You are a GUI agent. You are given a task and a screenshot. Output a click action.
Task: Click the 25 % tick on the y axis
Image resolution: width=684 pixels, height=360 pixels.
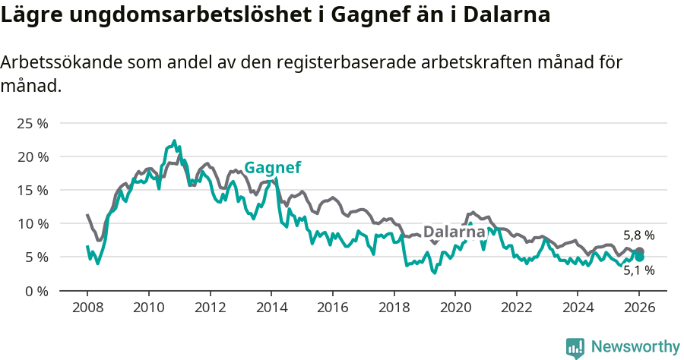coord(32,123)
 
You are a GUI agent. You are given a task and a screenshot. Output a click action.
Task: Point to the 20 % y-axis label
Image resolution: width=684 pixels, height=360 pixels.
coord(32,156)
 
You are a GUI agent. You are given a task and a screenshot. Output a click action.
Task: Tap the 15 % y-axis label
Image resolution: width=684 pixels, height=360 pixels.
coord(32,190)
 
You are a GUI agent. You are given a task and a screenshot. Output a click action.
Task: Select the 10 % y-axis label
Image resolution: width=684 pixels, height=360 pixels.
coord(32,223)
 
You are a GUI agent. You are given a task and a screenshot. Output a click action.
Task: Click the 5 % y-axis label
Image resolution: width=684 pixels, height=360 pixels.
coord(36,257)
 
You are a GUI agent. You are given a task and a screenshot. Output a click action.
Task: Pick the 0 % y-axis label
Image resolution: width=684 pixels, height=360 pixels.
coord(36,290)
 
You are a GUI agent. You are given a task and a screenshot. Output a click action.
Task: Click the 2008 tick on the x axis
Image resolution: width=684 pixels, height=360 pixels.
coord(87,308)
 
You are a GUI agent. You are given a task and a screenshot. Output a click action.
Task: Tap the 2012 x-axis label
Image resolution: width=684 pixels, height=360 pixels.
coord(210,308)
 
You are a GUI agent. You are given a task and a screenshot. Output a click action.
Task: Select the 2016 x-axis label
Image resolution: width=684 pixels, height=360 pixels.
coord(332,308)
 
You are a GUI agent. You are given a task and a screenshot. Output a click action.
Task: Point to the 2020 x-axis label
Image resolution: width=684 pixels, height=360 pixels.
coord(455,308)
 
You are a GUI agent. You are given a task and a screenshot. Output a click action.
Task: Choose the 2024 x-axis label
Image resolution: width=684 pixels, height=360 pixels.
coord(578,308)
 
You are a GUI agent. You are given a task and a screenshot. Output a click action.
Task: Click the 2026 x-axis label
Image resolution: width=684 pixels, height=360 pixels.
coord(639,308)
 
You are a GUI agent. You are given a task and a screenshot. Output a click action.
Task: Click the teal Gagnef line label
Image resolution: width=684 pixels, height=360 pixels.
coord(272,168)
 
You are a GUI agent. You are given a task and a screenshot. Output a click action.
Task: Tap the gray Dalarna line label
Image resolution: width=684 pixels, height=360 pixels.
coord(454,232)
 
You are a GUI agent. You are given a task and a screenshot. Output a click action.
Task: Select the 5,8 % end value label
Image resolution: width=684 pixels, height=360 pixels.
coord(638,235)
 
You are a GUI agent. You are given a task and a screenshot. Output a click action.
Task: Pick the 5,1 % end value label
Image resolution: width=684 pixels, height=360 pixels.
coord(638,270)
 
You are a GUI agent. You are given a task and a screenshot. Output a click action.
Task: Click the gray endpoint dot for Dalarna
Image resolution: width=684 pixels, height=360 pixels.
coord(639,251)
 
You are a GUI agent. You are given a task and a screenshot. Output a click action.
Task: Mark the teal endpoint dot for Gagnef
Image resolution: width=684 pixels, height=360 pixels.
coord(639,257)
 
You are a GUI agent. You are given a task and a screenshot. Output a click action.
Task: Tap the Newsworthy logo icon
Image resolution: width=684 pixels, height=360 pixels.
coord(575,347)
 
